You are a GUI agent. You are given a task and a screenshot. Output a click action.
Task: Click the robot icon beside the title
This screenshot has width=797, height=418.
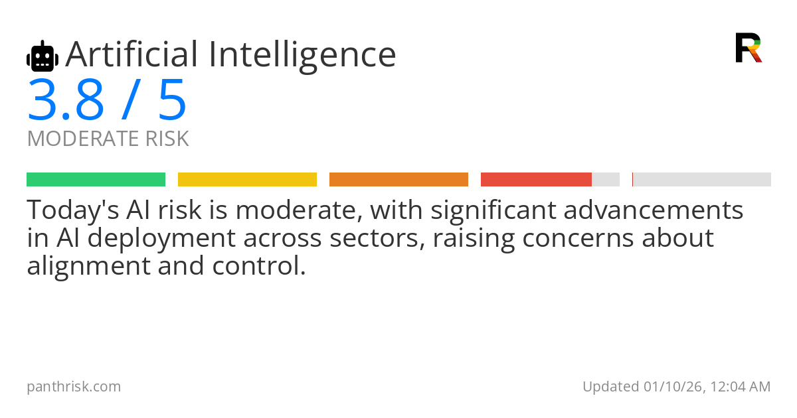pyautogui.click(x=43, y=56)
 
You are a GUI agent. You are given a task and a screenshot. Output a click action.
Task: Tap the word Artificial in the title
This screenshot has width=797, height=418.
pyautogui.click(x=132, y=54)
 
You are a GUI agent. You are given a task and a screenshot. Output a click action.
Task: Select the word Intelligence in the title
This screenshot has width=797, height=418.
pyautogui.click(x=302, y=56)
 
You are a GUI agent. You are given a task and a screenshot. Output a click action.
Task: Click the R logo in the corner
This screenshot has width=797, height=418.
pyautogui.click(x=749, y=48)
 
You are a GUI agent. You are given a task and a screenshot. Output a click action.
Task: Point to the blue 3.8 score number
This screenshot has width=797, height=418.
pyautogui.click(x=66, y=100)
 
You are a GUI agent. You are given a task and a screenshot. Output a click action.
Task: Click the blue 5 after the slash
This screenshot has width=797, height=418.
pyautogui.click(x=172, y=100)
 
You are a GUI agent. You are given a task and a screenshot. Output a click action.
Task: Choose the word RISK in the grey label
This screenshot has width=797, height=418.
pyautogui.click(x=167, y=138)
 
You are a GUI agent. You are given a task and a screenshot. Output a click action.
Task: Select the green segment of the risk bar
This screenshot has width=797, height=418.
pyautogui.click(x=96, y=180)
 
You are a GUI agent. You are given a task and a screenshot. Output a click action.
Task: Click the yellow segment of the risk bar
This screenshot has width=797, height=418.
pyautogui.click(x=247, y=180)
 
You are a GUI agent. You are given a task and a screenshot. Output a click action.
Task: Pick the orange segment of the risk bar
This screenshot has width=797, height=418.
pyautogui.click(x=399, y=180)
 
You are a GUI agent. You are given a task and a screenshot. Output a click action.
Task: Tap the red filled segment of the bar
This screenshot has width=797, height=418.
pyautogui.click(x=536, y=180)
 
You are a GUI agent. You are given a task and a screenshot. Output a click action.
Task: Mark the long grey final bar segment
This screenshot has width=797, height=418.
pyautogui.click(x=702, y=180)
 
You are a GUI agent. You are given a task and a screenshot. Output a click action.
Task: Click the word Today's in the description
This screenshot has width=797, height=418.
pyautogui.click(x=73, y=210)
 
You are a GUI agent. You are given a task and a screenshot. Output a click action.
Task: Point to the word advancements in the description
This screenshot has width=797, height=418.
pyautogui.click(x=654, y=210)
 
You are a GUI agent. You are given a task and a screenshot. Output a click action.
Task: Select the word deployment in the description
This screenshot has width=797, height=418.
pyautogui.click(x=161, y=238)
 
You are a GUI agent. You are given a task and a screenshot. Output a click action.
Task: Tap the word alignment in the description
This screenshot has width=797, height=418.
pyautogui.click(x=88, y=266)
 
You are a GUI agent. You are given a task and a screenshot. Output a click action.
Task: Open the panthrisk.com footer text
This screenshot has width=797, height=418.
pyautogui.click(x=74, y=387)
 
